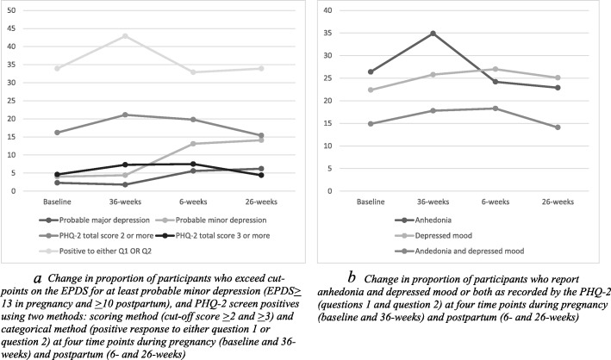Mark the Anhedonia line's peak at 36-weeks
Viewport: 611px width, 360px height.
point(432,33)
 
